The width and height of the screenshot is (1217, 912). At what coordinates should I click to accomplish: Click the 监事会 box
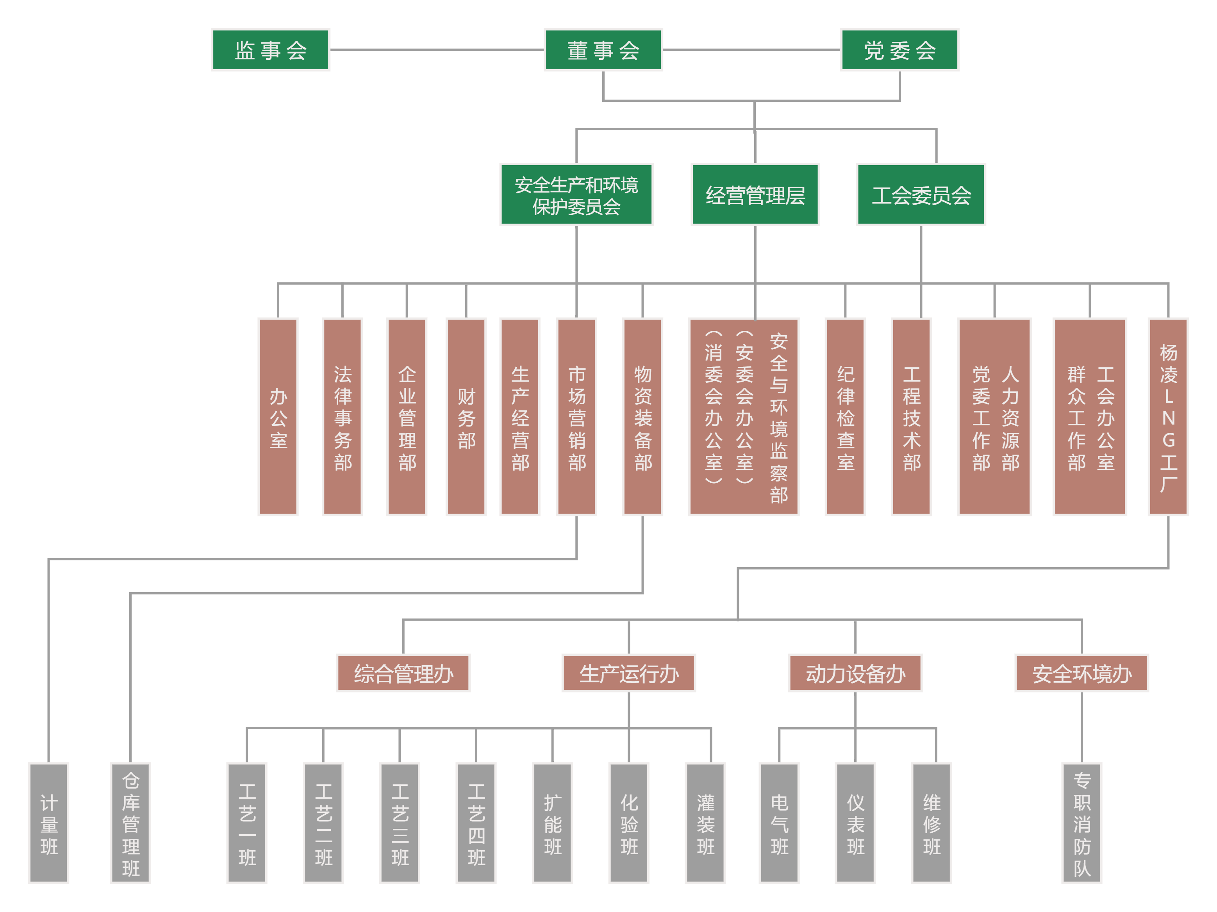pyautogui.click(x=270, y=50)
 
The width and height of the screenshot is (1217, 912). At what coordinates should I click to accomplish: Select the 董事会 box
pyautogui.click(x=603, y=50)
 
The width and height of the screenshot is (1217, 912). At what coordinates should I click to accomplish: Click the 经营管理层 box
pyautogui.click(x=755, y=195)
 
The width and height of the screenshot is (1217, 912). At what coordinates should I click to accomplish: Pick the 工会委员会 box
pyautogui.click(x=921, y=195)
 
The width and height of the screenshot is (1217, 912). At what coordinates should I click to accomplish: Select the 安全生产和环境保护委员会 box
pyautogui.click(x=576, y=195)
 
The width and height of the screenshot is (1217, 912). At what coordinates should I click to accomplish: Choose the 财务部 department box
pyautogui.click(x=466, y=416)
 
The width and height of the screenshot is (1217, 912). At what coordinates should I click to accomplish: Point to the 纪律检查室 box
pyautogui.click(x=845, y=416)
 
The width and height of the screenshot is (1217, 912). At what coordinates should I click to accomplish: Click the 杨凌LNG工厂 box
pyautogui.click(x=1168, y=416)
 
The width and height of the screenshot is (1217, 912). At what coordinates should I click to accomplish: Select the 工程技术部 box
pyautogui.click(x=911, y=416)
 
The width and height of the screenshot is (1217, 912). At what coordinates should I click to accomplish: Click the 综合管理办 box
pyautogui.click(x=403, y=673)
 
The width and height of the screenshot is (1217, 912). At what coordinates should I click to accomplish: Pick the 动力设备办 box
pyautogui.click(x=855, y=673)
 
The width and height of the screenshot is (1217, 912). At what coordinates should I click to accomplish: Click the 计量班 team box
pyautogui.click(x=49, y=823)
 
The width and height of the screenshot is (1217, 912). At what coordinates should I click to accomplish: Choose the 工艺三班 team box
pyautogui.click(x=400, y=823)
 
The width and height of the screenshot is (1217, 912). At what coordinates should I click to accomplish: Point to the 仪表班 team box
pyautogui.click(x=855, y=823)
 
